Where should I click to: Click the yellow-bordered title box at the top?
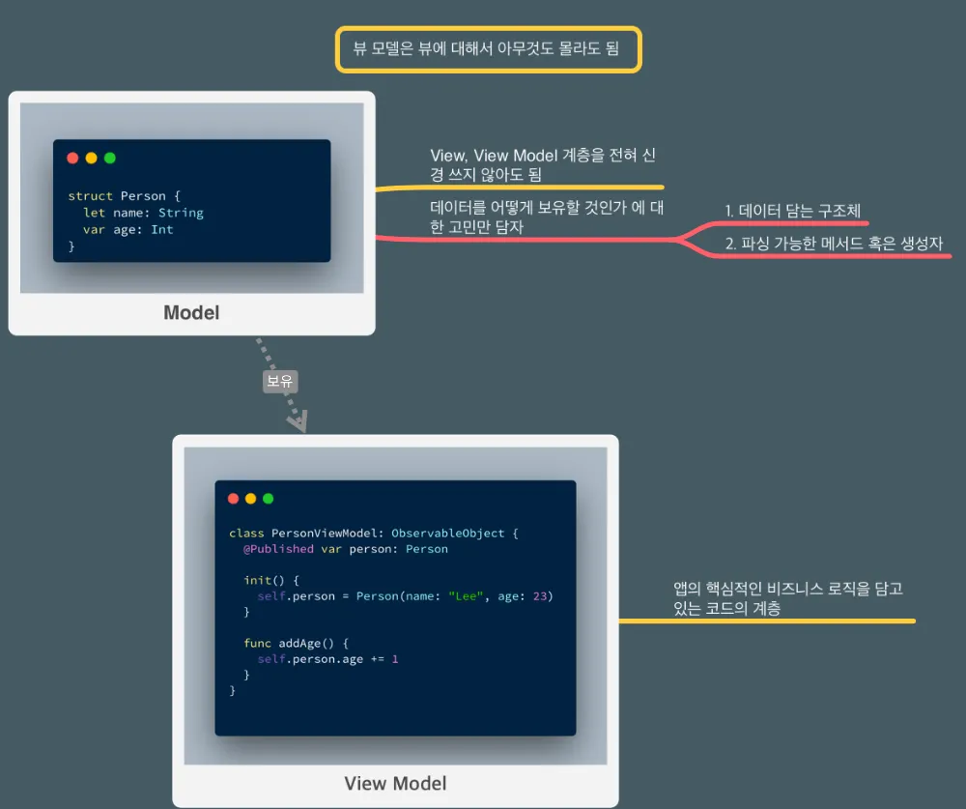click(x=488, y=49)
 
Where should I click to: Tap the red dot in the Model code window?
click(x=72, y=158)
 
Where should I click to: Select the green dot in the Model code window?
click(x=109, y=158)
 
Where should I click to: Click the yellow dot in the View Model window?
click(x=250, y=499)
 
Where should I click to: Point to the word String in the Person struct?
click(x=181, y=213)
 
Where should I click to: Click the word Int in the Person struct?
click(x=162, y=230)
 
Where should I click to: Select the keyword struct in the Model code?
click(x=90, y=196)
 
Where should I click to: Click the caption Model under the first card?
click(x=191, y=312)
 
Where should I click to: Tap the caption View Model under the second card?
click(x=395, y=783)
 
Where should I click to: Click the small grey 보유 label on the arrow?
click(x=280, y=382)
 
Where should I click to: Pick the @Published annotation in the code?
click(x=278, y=549)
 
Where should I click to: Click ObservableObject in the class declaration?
click(x=449, y=533)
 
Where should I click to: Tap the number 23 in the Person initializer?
click(x=542, y=596)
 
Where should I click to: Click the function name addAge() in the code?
click(x=305, y=643)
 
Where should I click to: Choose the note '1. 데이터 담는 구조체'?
click(x=792, y=210)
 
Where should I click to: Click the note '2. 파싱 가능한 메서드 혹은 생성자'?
click(x=834, y=244)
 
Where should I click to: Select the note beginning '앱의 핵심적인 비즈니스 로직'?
click(x=788, y=598)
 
